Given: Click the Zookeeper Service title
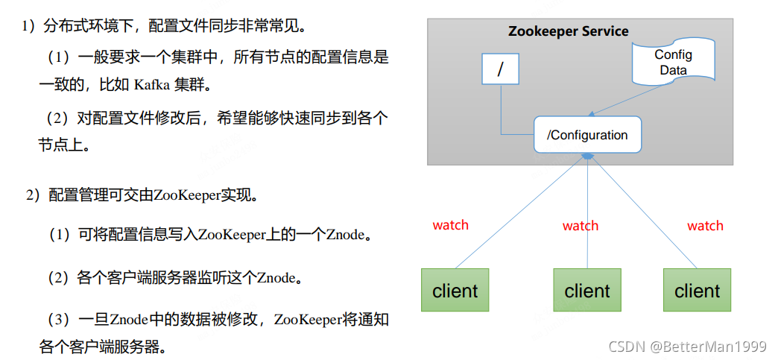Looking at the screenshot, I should click(x=568, y=31).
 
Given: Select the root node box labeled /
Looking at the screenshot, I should click(x=500, y=69).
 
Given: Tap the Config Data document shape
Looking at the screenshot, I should click(x=673, y=63).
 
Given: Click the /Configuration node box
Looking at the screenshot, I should click(x=587, y=135).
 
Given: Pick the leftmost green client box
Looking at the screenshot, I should click(x=455, y=290).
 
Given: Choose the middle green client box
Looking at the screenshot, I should click(x=587, y=290).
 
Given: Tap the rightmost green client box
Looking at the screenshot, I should click(x=697, y=290).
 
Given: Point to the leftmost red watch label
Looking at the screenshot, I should click(x=451, y=225).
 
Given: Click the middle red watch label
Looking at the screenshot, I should click(x=581, y=225).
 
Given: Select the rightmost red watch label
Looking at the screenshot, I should click(x=705, y=225).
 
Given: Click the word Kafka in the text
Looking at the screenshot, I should click(x=151, y=84).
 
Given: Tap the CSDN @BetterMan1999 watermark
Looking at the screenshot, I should click(x=687, y=347).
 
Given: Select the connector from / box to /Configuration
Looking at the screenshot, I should click(x=502, y=112).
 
